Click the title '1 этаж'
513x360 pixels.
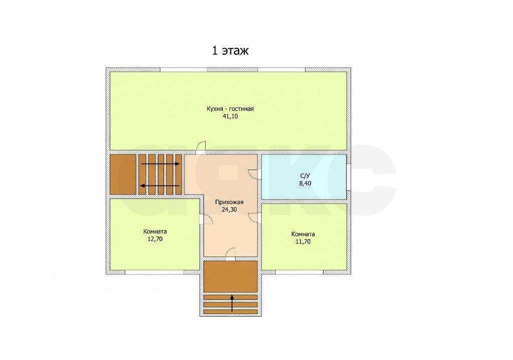point(230,51)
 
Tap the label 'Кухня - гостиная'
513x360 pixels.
point(230,109)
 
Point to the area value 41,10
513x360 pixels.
point(230,116)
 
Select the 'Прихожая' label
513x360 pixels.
point(229,202)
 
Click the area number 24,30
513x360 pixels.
point(229,210)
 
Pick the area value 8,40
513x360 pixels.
point(305,184)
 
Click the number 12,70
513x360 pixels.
point(155,239)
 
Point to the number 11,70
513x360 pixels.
point(303,242)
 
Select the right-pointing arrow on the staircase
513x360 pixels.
point(160,164)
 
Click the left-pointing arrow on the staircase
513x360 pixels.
point(160,186)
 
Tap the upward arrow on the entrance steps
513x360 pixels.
point(232,303)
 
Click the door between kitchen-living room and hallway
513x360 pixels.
point(201,147)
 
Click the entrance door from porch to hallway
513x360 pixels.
point(230,254)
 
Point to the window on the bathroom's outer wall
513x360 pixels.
point(349,176)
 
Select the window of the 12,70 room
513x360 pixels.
point(154,272)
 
